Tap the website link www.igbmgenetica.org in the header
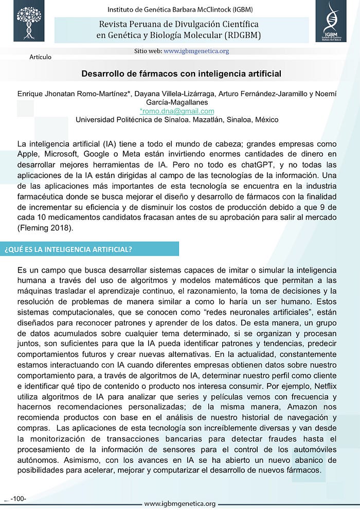pos(196,51)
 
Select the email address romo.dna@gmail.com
pos(177,111)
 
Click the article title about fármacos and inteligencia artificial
pos(182,74)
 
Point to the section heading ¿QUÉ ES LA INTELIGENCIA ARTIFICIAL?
pos(68,249)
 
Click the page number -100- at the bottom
pos(18,498)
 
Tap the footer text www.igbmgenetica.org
pos(179,503)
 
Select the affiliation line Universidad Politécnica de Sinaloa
pos(177,120)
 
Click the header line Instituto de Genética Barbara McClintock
pos(179,9)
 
